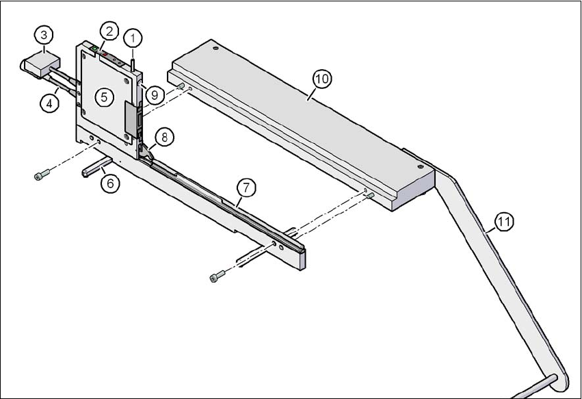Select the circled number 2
pos(108,30)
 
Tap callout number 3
pos(44,34)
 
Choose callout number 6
pos(109,182)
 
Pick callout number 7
pos(246,185)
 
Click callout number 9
pos(154,95)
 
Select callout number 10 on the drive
pos(321,79)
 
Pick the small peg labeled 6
pos(94,168)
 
